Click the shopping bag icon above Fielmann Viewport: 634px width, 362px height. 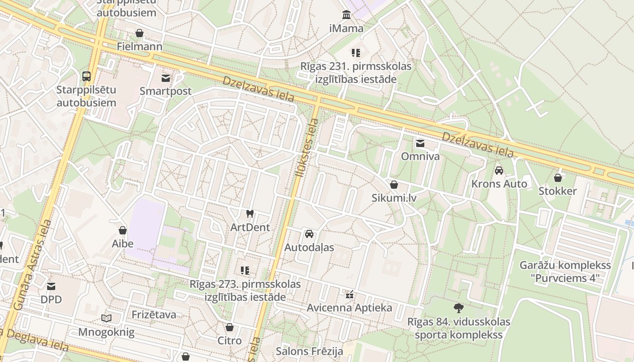click(x=139, y=33)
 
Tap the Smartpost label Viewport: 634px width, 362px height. click(x=165, y=91)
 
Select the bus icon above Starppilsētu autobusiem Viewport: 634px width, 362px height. click(x=86, y=76)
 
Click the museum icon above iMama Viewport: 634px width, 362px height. click(x=346, y=15)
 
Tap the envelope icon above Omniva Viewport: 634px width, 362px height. click(x=420, y=143)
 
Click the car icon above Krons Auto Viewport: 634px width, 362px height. click(x=499, y=171)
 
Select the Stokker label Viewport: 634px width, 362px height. click(x=557, y=191)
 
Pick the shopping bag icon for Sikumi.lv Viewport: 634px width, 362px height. click(x=394, y=185)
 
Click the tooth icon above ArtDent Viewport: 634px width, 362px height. click(x=250, y=214)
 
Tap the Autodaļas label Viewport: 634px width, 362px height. click(x=309, y=248)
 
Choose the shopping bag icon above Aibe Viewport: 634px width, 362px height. click(x=123, y=230)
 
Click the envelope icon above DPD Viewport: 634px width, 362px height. click(x=51, y=286)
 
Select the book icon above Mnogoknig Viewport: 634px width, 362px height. click(x=106, y=319)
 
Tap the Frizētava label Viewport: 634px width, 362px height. click(x=154, y=314)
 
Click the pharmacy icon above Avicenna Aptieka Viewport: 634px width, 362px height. click(x=349, y=295)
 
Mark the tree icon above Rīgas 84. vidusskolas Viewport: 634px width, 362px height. click(x=459, y=308)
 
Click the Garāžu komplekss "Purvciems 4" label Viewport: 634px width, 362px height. click(x=565, y=271)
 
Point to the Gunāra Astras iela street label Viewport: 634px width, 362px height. click(x=32, y=265)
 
